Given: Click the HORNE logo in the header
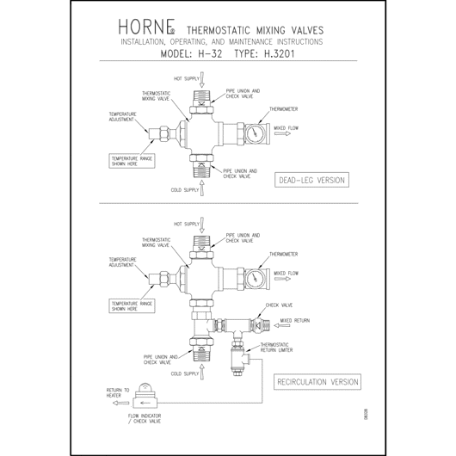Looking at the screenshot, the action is [146, 27].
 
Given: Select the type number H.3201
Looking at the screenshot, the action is [279, 54].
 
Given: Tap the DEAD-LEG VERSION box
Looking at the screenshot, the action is [311, 180].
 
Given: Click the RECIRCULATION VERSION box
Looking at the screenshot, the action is [317, 382].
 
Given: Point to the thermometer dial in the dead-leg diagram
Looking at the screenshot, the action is [255, 133].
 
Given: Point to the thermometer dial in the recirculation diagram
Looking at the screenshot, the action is [255, 279].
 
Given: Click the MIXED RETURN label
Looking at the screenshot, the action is [295, 320].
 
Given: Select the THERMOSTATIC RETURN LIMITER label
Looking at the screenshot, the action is [276, 348].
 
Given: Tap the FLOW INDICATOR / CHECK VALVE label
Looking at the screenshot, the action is [145, 418].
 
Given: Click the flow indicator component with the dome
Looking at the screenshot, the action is [145, 396].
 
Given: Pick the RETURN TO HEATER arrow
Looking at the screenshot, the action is [120, 403].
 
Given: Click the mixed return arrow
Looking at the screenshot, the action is [282, 326].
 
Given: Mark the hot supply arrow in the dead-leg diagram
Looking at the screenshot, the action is [202, 80].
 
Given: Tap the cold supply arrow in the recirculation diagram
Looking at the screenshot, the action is [202, 372].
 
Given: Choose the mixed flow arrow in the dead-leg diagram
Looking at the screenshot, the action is [282, 133].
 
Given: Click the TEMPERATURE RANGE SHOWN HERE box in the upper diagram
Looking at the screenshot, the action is [132, 161].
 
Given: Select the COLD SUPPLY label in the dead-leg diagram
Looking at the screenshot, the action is [185, 190].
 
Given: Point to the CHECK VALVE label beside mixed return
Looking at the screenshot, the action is [279, 305].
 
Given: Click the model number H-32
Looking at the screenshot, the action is [210, 54].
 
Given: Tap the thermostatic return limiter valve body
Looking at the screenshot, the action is [238, 360].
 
